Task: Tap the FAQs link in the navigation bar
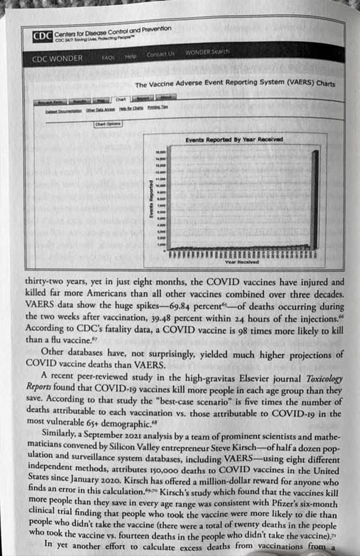(108, 57)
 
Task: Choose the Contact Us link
(160, 54)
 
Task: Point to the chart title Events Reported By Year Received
(234, 140)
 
